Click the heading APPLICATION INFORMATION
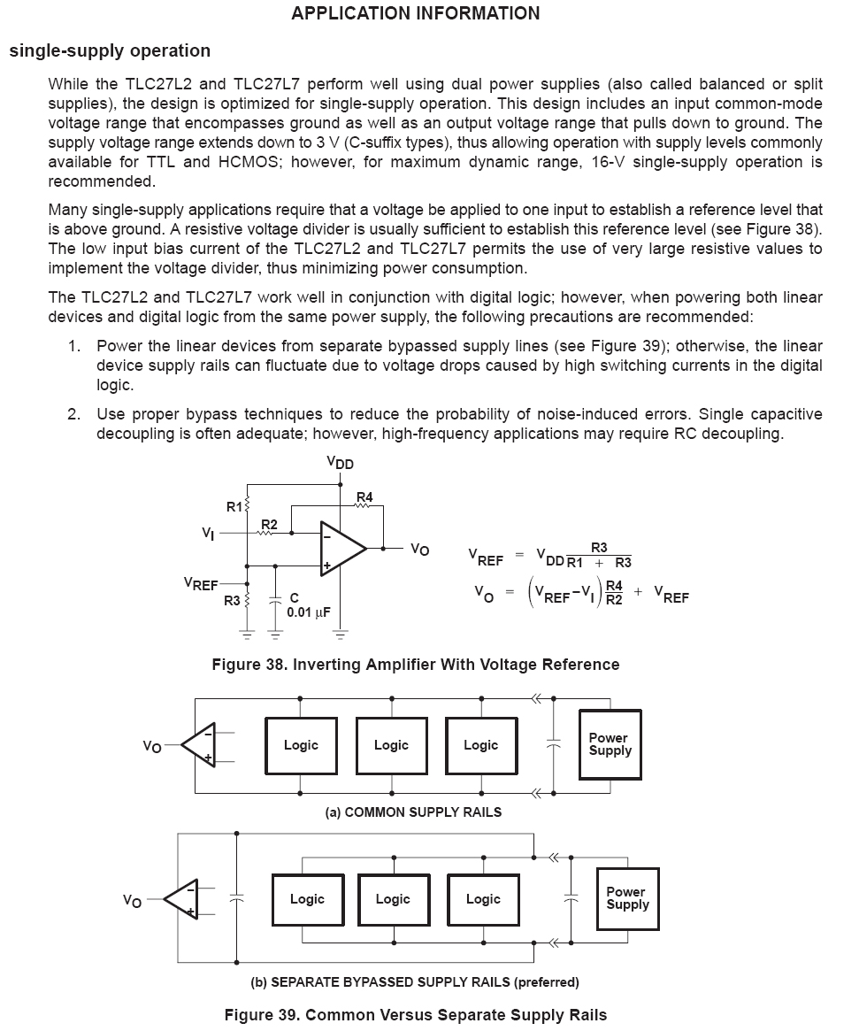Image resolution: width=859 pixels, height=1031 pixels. [415, 13]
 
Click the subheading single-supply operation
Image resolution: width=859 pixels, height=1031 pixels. [110, 50]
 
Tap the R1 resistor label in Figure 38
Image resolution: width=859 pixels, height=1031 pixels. [234, 507]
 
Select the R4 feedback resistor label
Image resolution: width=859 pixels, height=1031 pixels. [364, 496]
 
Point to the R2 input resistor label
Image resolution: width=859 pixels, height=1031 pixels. [269, 525]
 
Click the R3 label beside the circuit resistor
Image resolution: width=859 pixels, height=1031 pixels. [232, 601]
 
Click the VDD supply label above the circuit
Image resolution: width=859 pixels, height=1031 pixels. [340, 463]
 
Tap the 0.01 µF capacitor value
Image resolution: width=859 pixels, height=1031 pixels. [309, 612]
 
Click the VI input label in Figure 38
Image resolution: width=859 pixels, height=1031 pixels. [207, 534]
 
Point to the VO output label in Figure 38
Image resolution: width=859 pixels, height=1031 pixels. [419, 550]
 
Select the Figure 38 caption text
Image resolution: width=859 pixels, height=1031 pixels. [415, 665]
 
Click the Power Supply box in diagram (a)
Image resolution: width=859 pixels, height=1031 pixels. [609, 744]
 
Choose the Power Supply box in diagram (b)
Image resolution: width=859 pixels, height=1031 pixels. [627, 898]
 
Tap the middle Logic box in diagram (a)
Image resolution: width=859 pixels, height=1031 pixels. [391, 745]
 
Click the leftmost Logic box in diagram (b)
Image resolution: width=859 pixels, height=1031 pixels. [307, 899]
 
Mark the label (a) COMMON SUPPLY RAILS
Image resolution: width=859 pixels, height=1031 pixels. [414, 812]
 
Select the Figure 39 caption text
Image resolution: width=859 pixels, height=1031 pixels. [415, 1014]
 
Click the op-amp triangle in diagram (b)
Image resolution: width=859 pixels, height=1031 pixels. [182, 899]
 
